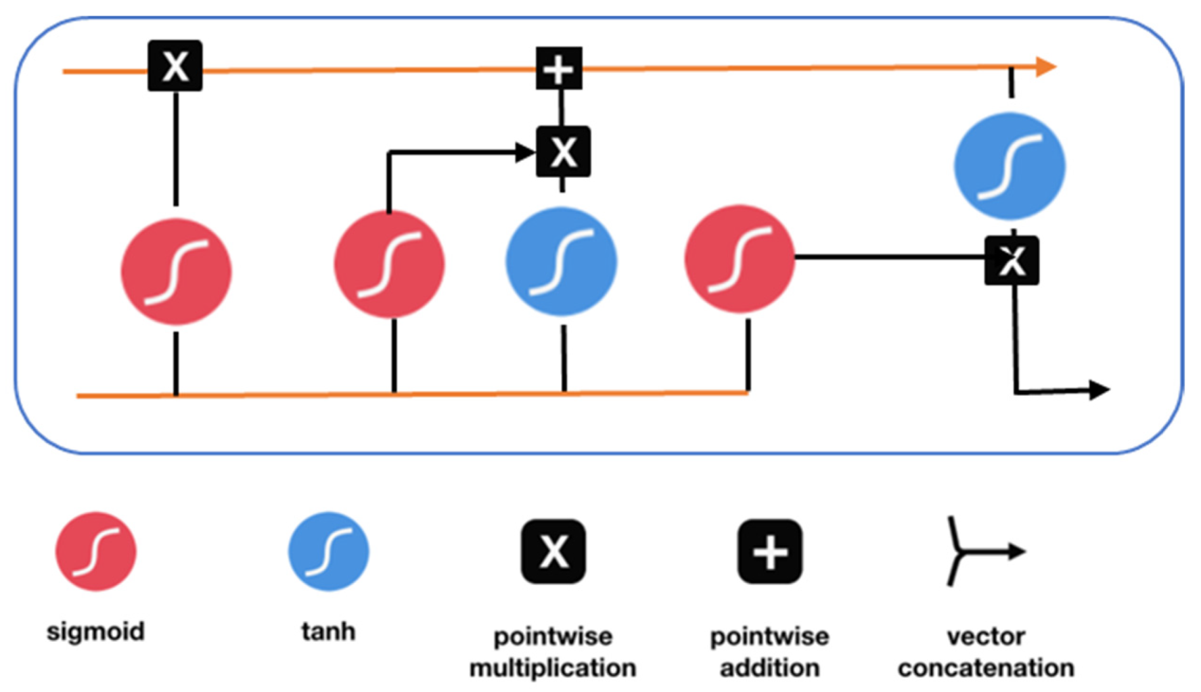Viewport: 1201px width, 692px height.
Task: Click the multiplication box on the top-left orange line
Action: [175, 66]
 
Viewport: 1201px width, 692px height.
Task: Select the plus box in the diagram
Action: [559, 68]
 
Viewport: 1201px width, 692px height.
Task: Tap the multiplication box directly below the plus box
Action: [563, 152]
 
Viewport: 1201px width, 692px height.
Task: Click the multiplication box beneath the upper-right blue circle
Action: [1012, 260]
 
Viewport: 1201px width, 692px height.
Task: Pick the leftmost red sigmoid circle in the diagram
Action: [176, 271]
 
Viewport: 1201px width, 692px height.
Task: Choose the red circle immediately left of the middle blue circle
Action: [389, 264]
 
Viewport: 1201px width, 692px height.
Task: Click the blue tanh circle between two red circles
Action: [562, 261]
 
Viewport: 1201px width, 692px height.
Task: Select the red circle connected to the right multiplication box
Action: [740, 259]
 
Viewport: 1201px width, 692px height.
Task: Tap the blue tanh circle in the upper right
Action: [1010, 166]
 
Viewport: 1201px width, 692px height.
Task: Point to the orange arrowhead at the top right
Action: [1046, 66]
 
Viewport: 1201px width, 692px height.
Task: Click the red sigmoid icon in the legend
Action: [95, 551]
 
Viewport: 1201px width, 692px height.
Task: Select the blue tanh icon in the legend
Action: [329, 551]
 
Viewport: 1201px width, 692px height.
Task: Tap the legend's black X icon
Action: [553, 551]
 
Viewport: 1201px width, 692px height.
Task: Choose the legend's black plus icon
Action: [770, 551]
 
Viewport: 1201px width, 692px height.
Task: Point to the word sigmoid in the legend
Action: [95, 632]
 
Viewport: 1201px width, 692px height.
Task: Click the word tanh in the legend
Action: [328, 631]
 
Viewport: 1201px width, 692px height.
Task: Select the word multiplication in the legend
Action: [553, 668]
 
